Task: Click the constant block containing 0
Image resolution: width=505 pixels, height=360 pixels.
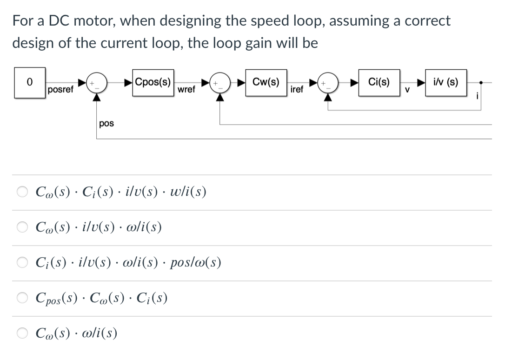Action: (x=30, y=83)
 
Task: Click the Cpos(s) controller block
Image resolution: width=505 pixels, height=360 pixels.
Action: (x=153, y=83)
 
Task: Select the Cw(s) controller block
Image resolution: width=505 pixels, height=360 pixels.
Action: (x=266, y=83)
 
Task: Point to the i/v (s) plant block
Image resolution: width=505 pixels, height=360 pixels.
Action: (x=445, y=83)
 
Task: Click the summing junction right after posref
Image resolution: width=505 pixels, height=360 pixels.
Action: (x=97, y=83)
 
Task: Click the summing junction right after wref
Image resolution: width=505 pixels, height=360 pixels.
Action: (x=219, y=83)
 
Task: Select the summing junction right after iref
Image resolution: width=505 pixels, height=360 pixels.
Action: (x=328, y=83)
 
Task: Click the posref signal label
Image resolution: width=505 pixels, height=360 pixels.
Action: (x=60, y=90)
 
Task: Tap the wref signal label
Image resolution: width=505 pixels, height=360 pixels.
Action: (x=186, y=89)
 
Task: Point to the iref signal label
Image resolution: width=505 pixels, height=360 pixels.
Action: (x=296, y=89)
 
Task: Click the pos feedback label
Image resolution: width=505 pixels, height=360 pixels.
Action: (x=106, y=123)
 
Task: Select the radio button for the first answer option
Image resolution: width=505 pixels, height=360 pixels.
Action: (x=22, y=192)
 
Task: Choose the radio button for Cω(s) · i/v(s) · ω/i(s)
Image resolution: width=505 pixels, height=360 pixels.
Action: (x=22, y=227)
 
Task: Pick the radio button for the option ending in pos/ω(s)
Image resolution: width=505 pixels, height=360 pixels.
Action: (x=22, y=263)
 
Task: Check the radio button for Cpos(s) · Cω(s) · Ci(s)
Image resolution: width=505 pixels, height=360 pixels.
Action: (x=22, y=298)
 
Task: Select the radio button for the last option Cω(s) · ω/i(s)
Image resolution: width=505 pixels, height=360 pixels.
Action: (x=22, y=333)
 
